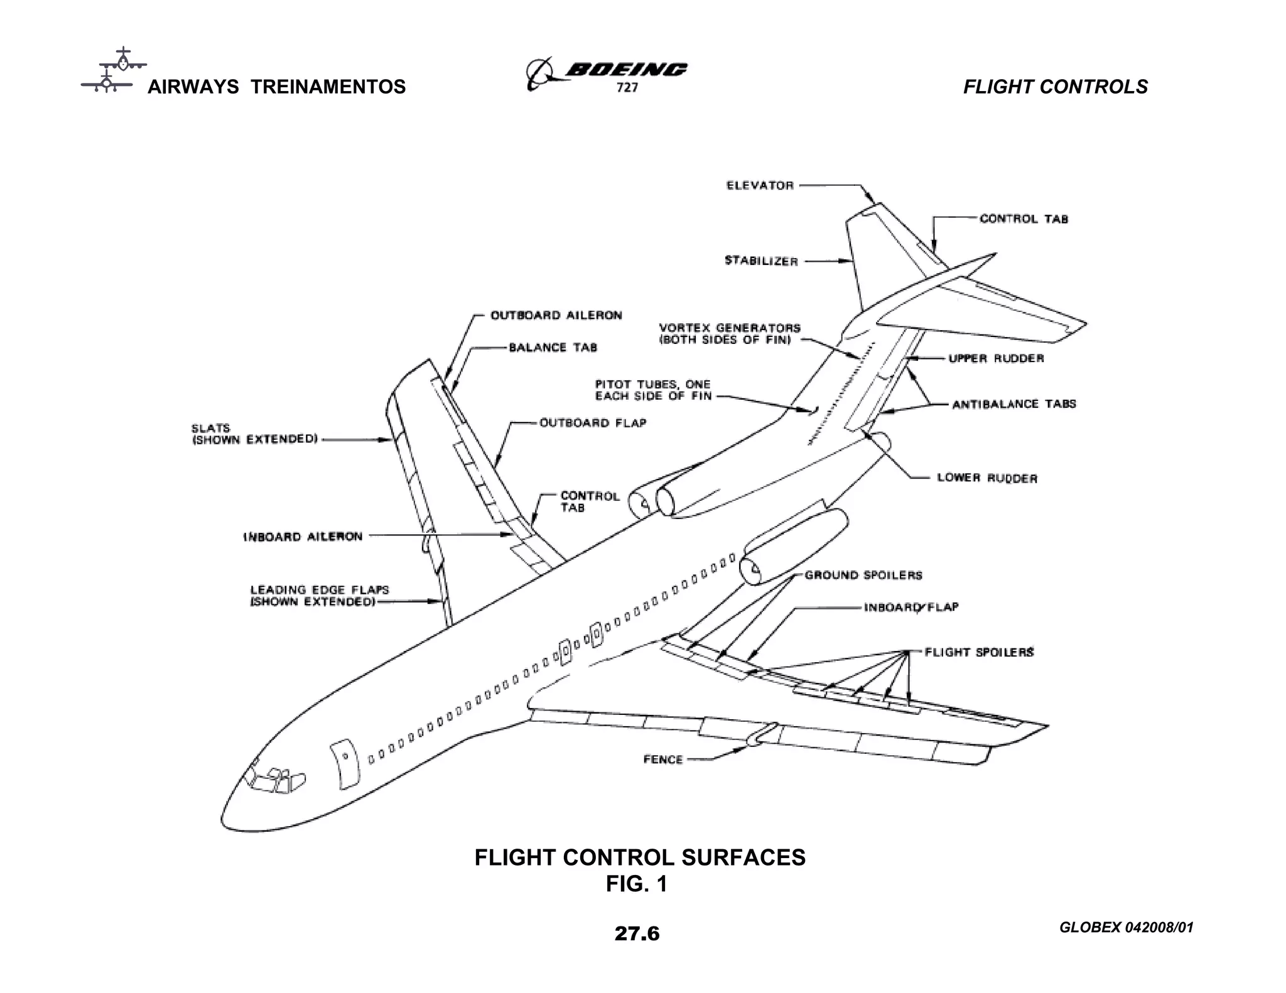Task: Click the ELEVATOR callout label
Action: [760, 185]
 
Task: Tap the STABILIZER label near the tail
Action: [761, 260]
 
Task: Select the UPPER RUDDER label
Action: [996, 358]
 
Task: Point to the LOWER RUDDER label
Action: [987, 478]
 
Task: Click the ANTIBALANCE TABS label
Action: [1013, 404]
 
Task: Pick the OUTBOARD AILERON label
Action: [556, 315]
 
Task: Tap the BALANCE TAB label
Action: [553, 348]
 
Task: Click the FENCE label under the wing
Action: [662, 760]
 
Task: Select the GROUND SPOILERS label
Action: [863, 575]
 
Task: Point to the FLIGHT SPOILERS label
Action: [979, 652]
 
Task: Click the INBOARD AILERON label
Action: [303, 537]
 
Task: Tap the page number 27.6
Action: [637, 933]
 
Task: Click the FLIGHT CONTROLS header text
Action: [1055, 87]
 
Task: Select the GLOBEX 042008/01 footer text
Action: [1126, 927]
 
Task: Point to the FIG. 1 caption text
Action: [636, 884]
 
